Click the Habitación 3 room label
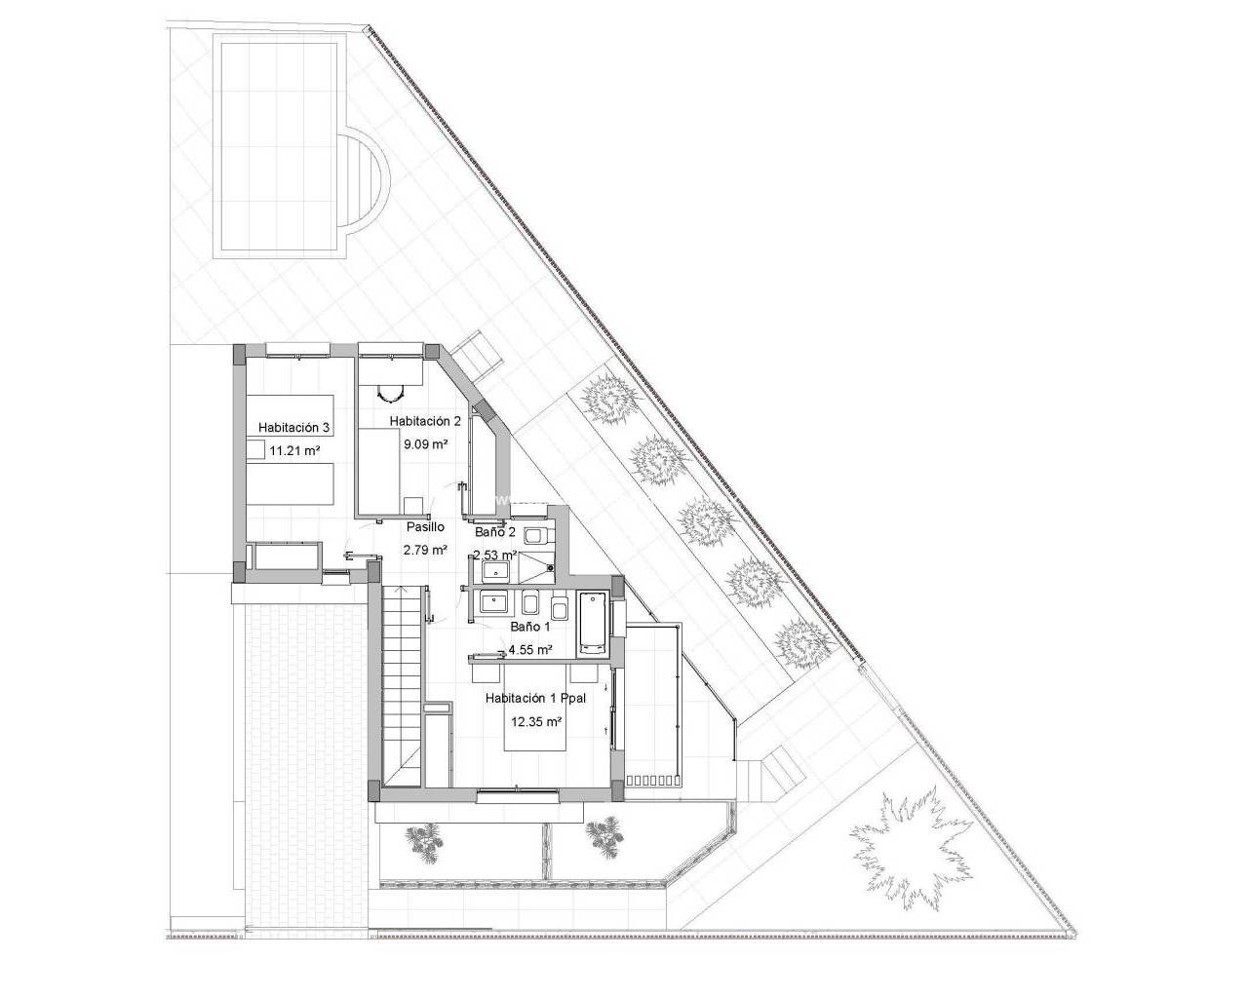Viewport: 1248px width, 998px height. (x=294, y=428)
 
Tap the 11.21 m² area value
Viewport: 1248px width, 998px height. (x=295, y=450)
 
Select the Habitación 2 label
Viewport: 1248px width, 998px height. (x=425, y=421)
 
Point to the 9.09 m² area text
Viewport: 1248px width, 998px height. (x=425, y=444)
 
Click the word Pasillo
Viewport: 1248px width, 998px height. (x=425, y=526)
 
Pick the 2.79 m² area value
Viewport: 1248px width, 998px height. (x=425, y=549)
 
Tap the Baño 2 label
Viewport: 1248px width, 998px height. (x=494, y=532)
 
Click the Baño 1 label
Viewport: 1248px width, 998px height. (x=529, y=627)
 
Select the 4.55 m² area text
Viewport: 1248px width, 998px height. (x=529, y=650)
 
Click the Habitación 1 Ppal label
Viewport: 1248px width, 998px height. (x=535, y=699)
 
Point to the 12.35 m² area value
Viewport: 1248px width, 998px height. (x=535, y=722)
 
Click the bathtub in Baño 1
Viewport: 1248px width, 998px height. (x=593, y=624)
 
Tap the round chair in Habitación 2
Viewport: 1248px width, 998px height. (x=390, y=394)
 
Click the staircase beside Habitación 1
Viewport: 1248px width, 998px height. (x=404, y=686)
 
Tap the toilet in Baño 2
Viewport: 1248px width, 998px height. (x=537, y=536)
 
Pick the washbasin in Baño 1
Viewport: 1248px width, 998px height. (x=494, y=602)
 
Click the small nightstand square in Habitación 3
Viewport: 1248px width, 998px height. (x=254, y=449)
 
